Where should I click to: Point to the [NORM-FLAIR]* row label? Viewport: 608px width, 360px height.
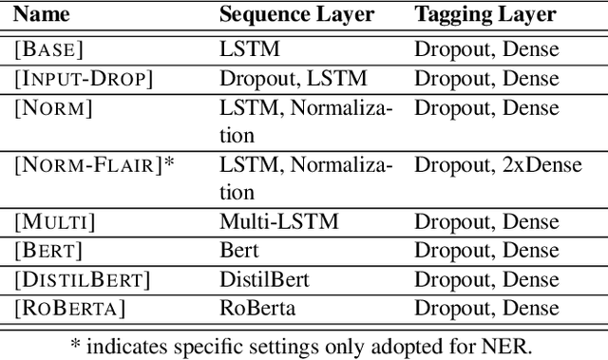pyautogui.click(x=94, y=165)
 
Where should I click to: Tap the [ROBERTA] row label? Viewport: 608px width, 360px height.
pyautogui.click(x=70, y=309)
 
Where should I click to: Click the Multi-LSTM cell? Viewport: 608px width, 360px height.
pyautogui.click(x=278, y=222)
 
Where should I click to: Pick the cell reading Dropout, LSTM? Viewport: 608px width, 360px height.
pyautogui.click(x=293, y=79)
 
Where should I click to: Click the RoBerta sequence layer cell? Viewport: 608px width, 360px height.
pyautogui.click(x=258, y=309)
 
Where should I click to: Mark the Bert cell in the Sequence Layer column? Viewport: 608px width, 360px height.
pyautogui.click(x=239, y=251)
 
